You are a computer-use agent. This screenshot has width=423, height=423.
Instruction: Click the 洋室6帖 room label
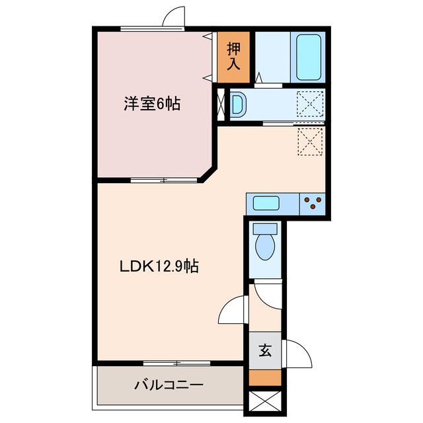point(152,104)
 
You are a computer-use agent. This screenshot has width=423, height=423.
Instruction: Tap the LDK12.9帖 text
point(159,266)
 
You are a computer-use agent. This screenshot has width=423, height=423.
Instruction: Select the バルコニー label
point(169,384)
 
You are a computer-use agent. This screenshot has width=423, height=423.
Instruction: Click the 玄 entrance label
point(264,351)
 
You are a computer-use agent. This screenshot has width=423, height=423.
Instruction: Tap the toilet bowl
point(266,243)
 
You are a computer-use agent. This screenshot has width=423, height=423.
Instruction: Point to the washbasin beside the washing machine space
point(238,104)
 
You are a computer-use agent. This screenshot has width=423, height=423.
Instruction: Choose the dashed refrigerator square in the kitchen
point(309,140)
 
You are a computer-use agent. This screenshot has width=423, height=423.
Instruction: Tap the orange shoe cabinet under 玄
point(264,378)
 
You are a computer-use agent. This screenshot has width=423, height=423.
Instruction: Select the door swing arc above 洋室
point(173,18)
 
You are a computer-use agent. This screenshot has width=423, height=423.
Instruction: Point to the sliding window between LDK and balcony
point(176,363)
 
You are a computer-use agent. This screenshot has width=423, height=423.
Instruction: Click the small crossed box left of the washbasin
point(221,104)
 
